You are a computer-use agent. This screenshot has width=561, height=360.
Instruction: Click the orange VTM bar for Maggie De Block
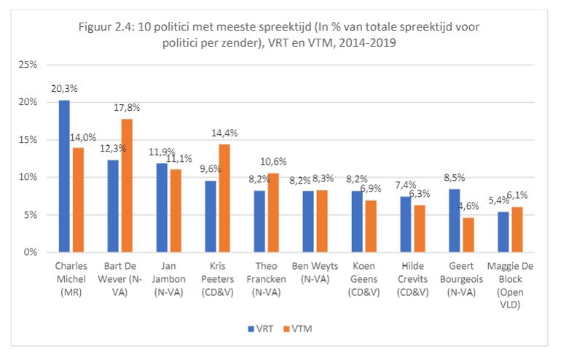click(518, 230)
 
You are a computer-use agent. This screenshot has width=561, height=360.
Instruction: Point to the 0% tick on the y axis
click(30, 253)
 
